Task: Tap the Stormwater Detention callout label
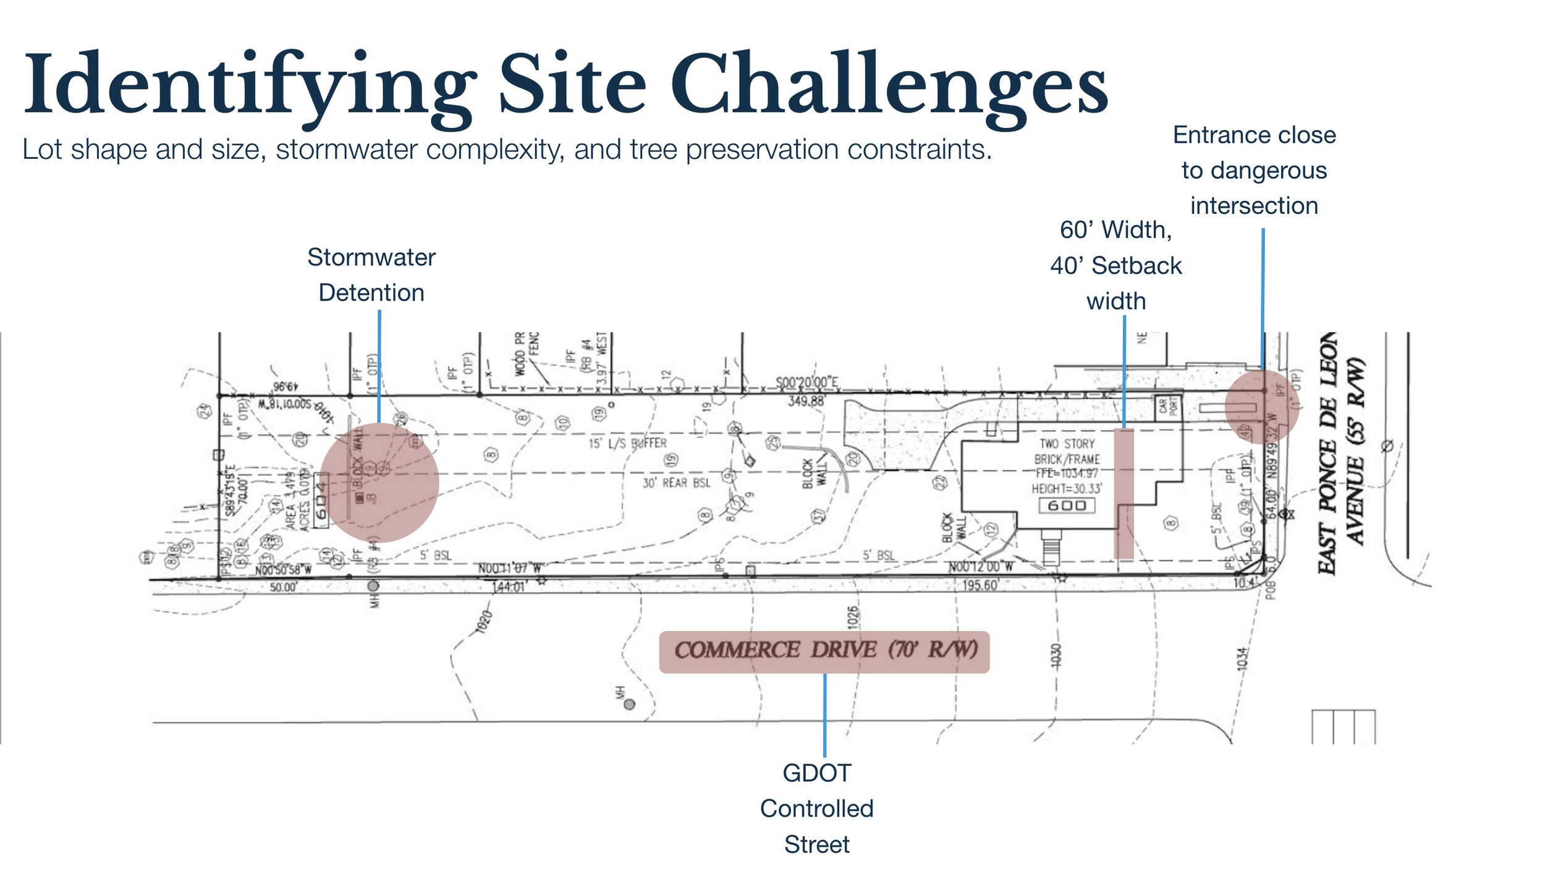tap(371, 275)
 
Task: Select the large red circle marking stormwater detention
tap(379, 483)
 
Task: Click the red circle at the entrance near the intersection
tap(1261, 407)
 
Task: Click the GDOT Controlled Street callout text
tap(816, 808)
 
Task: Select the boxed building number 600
tap(1067, 506)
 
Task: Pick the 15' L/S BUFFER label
tap(627, 443)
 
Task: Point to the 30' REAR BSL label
tap(676, 483)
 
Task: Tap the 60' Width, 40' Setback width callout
tap(1116, 266)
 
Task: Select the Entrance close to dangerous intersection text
tap(1254, 170)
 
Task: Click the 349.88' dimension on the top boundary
tap(806, 402)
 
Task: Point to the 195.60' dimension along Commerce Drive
tap(980, 585)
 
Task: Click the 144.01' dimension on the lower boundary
tap(509, 587)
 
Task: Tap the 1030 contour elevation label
tap(1056, 656)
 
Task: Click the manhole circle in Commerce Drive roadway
tap(629, 704)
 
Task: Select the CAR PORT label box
tap(1167, 406)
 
